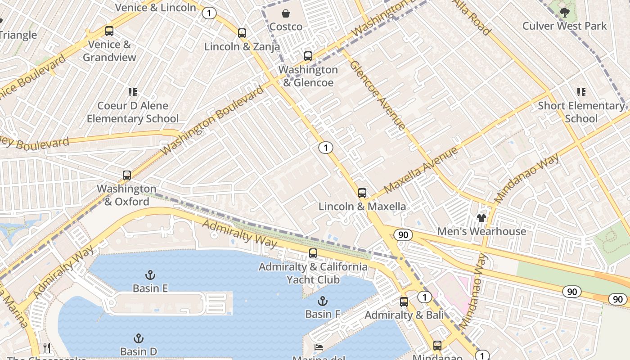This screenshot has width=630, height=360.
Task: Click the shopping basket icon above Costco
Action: pyautogui.click(x=286, y=13)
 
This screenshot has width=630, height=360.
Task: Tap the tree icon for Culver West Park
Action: pyautogui.click(x=565, y=12)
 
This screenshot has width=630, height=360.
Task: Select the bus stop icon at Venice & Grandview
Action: pyautogui.click(x=109, y=31)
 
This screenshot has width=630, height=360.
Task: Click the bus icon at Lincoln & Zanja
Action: pyautogui.click(x=242, y=33)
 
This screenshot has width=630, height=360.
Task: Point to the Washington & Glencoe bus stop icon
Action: pyautogui.click(x=308, y=56)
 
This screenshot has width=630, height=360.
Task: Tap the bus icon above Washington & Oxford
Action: pyautogui.click(x=127, y=175)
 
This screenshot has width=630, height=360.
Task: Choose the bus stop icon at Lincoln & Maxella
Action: pyautogui.click(x=362, y=193)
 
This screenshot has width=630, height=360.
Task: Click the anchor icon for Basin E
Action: pyautogui.click(x=150, y=274)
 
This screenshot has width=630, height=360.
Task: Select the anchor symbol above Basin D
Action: pyautogui.click(x=139, y=338)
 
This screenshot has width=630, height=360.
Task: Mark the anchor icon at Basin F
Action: pyautogui.click(x=322, y=301)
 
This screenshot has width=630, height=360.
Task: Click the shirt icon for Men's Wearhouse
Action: pyautogui.click(x=481, y=218)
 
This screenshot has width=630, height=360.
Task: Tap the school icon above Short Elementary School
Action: pyautogui.click(x=581, y=92)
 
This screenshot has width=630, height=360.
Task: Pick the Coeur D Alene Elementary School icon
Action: pyautogui.click(x=132, y=92)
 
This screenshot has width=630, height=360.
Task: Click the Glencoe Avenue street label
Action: pyautogui.click(x=378, y=95)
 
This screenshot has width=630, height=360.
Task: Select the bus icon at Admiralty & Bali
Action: pyautogui.click(x=404, y=302)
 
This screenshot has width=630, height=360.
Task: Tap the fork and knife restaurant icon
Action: pyautogui.click(x=47, y=347)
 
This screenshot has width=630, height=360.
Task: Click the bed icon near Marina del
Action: pyautogui.click(x=319, y=347)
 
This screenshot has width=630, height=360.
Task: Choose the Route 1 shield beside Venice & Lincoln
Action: pyautogui.click(x=209, y=13)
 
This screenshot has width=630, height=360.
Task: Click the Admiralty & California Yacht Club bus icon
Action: pyautogui.click(x=313, y=253)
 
